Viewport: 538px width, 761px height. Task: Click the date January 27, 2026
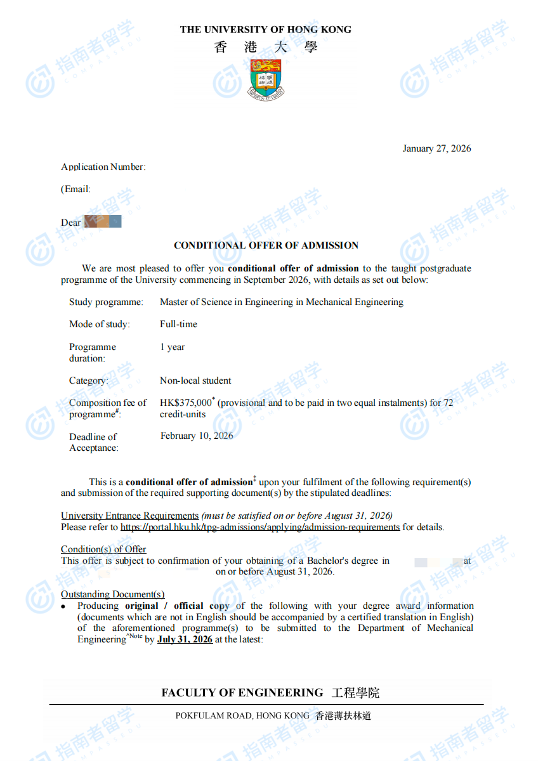pos(436,148)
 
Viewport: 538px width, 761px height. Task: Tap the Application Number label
pos(103,167)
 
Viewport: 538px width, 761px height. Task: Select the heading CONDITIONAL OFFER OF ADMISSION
pos(266,245)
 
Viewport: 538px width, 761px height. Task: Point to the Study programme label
pos(106,302)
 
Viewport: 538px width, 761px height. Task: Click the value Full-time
pos(178,324)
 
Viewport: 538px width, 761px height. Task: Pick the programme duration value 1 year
pos(172,347)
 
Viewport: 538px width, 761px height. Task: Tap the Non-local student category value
pos(195,380)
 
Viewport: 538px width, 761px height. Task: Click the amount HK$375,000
pos(186,403)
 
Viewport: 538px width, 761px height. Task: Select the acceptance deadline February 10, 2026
pos(197,436)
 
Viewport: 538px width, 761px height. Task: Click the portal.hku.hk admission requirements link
pos(260,527)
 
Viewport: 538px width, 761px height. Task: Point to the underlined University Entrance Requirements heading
pos(129,516)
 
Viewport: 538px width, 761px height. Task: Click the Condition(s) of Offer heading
pos(103,549)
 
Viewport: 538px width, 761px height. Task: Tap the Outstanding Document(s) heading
pos(112,594)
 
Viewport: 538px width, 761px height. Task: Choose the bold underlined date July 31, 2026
pos(185,639)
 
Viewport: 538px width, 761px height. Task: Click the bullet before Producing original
pos(64,607)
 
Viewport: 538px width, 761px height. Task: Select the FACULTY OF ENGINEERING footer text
pos(242,693)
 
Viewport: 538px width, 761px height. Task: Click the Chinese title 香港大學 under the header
pos(266,47)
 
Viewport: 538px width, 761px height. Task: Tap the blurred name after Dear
pos(103,222)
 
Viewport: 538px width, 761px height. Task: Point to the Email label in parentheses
pos(76,189)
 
